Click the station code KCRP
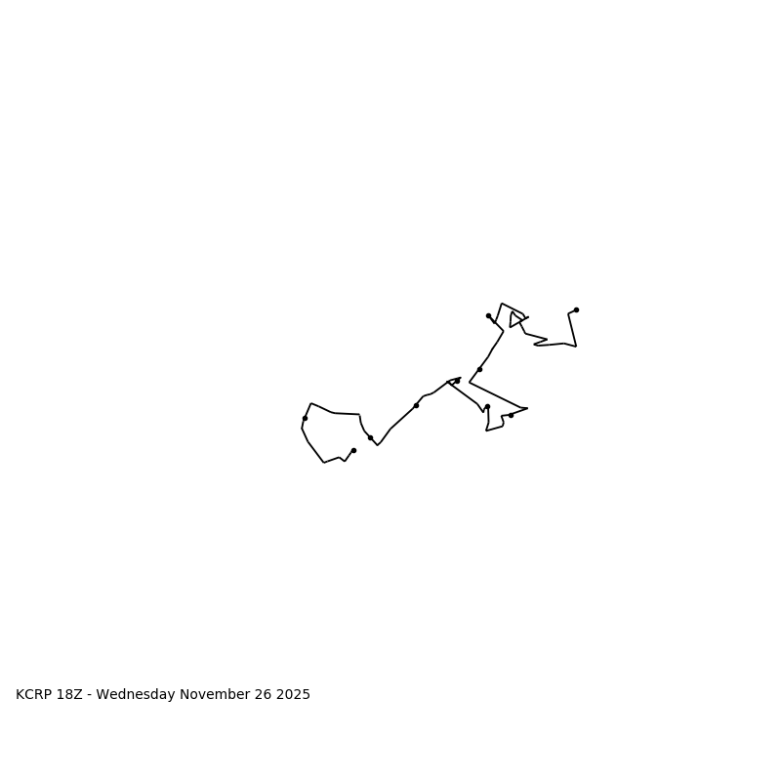pyautogui.click(x=36, y=695)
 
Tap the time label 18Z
pyautogui.click(x=71, y=695)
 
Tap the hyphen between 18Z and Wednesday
pyautogui.click(x=90, y=695)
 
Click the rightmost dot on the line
pyautogui.click(x=576, y=309)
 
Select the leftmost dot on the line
pyautogui.click(x=305, y=418)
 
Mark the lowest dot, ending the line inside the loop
pyautogui.click(x=353, y=450)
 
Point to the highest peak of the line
pyautogui.click(x=502, y=304)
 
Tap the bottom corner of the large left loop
pyautogui.click(x=324, y=462)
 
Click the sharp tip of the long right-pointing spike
pyautogui.click(x=527, y=408)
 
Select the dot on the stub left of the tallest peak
pyautogui.click(x=488, y=315)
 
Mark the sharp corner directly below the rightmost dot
pyautogui.click(x=576, y=346)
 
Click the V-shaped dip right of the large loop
pyautogui.click(x=378, y=445)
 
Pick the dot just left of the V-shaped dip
pyautogui.click(x=370, y=437)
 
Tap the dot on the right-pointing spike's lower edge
pyautogui.click(x=511, y=415)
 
